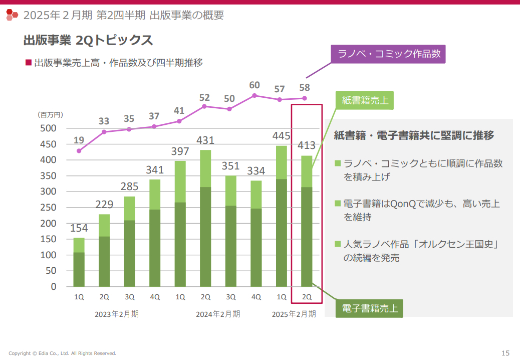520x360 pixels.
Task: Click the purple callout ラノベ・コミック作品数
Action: (x=388, y=54)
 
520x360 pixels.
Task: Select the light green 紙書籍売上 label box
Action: (x=365, y=100)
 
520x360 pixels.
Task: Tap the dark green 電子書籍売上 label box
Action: (x=370, y=308)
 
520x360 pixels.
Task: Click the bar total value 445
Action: (x=282, y=136)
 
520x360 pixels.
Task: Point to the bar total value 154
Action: (x=79, y=228)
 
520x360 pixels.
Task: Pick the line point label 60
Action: (x=254, y=85)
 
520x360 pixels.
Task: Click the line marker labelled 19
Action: (x=79, y=151)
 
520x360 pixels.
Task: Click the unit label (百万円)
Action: (x=50, y=115)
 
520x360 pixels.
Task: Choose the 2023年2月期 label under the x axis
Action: (x=117, y=314)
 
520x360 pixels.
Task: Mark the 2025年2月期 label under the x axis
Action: (x=294, y=314)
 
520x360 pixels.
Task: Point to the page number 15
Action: (x=505, y=352)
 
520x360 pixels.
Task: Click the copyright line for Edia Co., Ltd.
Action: (x=62, y=353)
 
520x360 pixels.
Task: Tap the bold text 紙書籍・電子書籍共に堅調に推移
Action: (x=414, y=135)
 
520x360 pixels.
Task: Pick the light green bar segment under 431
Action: (x=205, y=168)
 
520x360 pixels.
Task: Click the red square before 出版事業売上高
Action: (x=29, y=63)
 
